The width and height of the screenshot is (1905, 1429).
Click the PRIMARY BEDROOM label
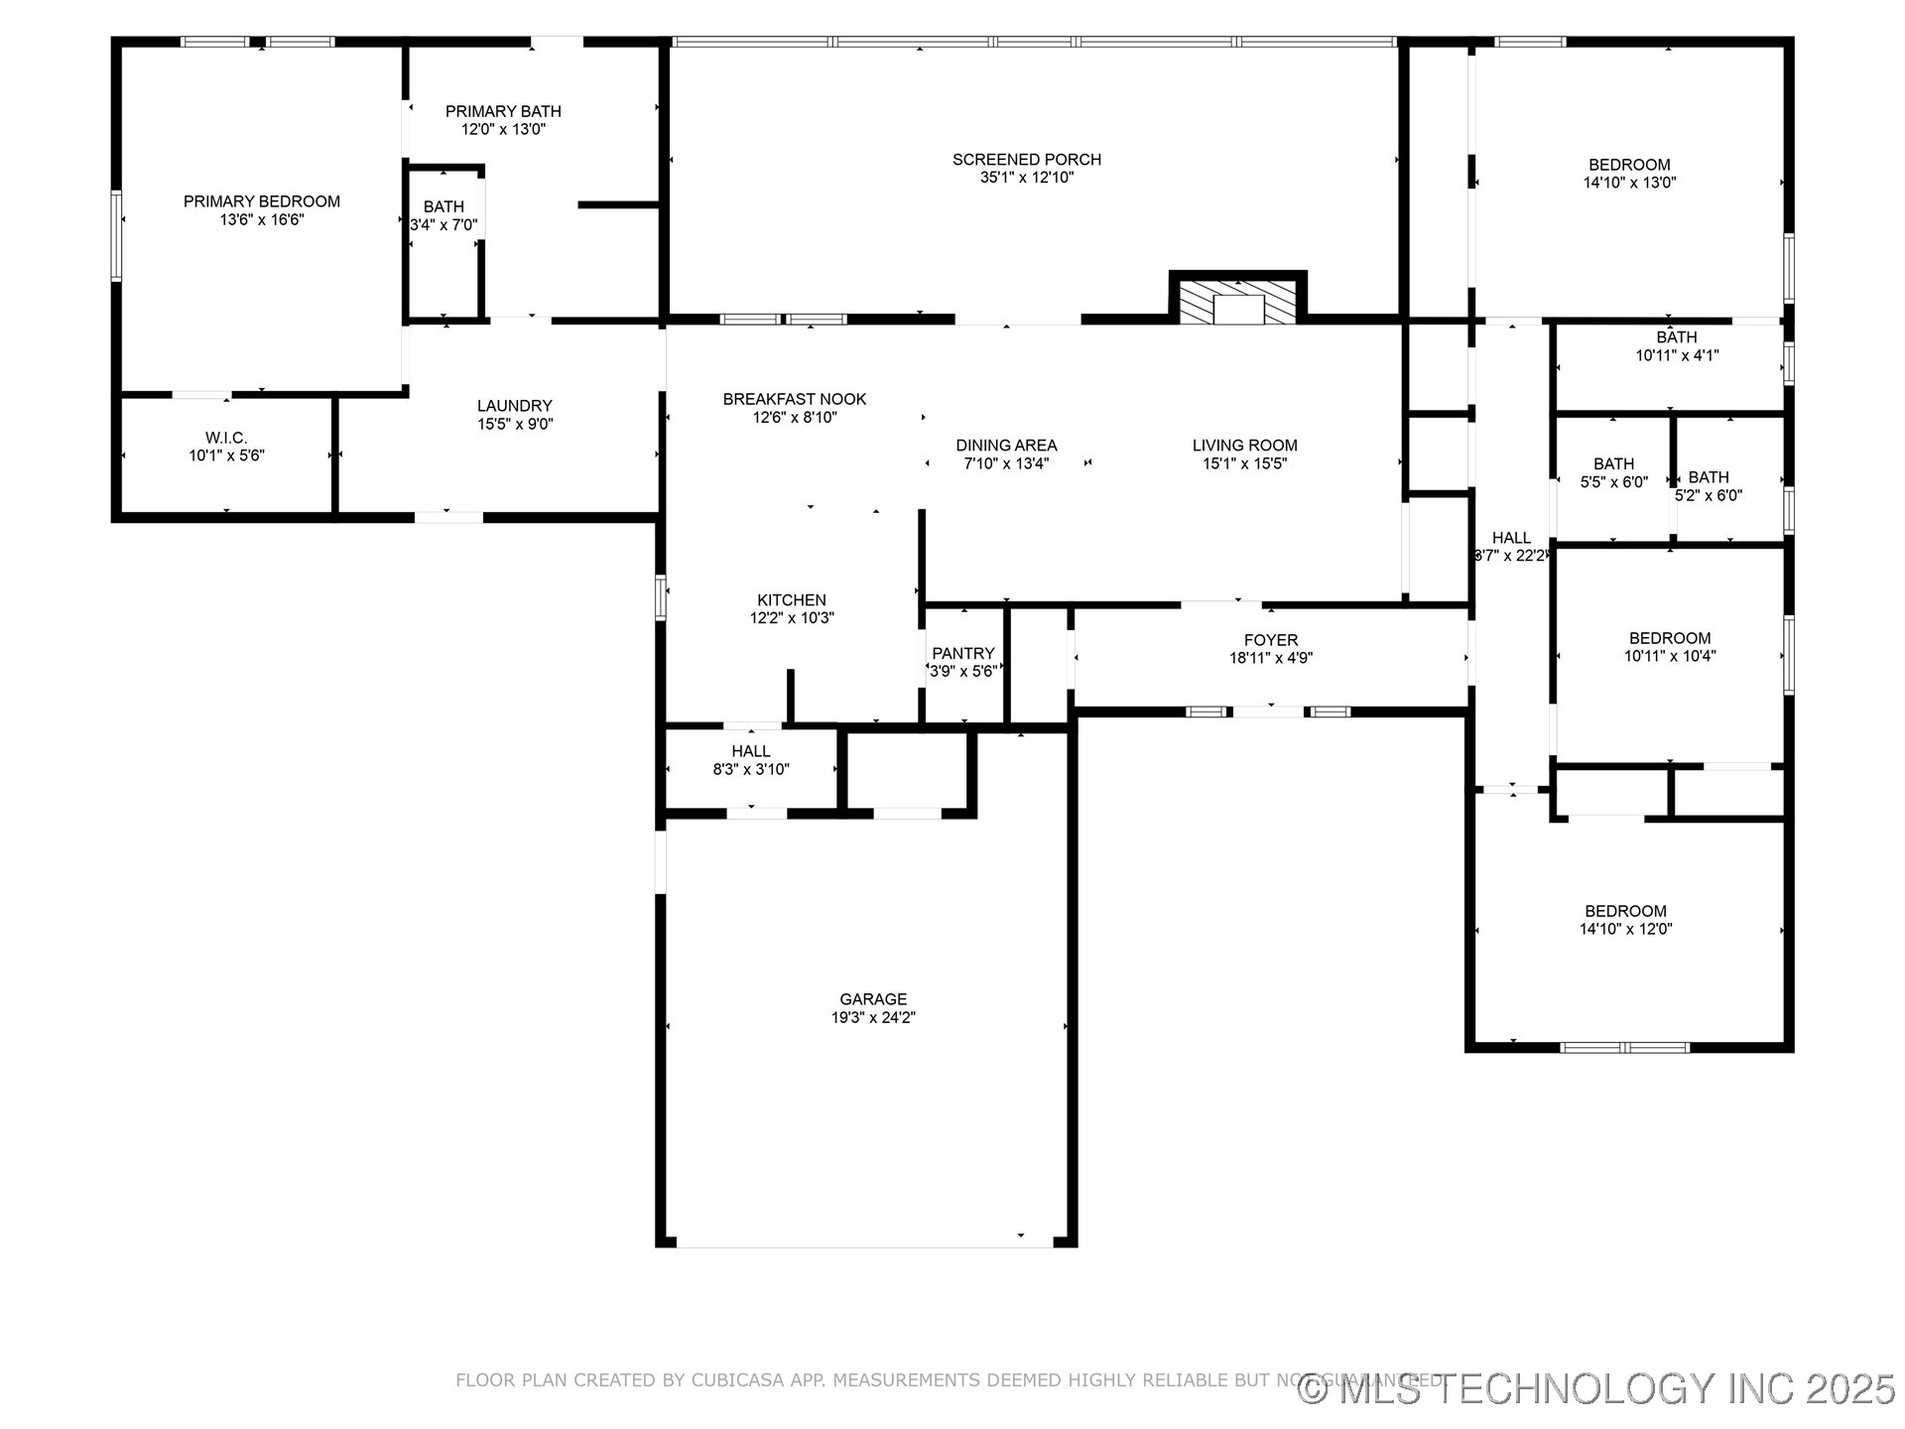(261, 201)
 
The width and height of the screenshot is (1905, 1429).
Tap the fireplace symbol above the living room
(1237, 301)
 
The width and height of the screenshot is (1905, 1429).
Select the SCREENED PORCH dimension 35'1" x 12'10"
(1026, 178)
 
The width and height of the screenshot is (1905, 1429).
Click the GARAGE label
(873, 999)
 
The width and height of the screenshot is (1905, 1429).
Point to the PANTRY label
(962, 653)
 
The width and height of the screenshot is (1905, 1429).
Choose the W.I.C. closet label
(226, 438)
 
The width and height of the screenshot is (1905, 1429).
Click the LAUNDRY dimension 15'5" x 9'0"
(514, 424)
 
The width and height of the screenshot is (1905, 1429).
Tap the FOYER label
(1270, 640)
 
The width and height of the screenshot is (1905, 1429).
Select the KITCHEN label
(791, 599)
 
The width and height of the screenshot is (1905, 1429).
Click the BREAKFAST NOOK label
(794, 399)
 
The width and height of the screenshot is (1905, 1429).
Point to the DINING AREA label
(1006, 446)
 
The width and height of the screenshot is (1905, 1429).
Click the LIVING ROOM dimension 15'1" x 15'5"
(1244, 463)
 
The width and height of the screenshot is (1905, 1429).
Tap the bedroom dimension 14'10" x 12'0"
(1625, 930)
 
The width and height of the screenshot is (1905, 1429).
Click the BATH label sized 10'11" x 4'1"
(1676, 337)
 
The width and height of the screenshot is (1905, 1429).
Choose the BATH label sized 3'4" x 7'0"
(444, 206)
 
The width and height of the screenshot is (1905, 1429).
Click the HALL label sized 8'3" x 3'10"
(751, 751)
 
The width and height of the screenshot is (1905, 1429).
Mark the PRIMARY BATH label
(503, 111)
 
